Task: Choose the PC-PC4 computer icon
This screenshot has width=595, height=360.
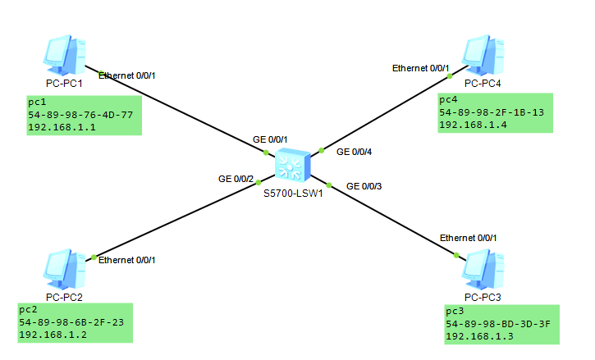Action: pos(483,55)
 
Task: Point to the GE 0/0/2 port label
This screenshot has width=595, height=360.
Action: pos(234,178)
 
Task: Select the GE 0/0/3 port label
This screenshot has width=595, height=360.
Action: pos(364,186)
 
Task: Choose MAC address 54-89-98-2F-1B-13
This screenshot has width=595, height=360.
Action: pos(492,112)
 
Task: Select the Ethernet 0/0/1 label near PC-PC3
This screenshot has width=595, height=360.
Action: pos(468,237)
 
